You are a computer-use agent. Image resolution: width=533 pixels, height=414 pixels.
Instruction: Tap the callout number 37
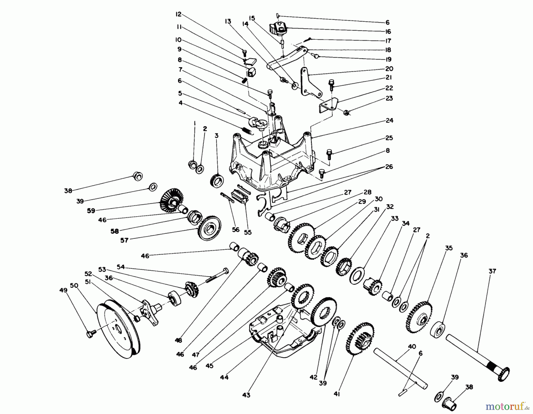[492, 271]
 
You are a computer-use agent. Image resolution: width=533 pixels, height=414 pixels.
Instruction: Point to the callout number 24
[389, 120]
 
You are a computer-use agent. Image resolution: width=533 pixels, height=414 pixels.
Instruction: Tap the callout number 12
[178, 14]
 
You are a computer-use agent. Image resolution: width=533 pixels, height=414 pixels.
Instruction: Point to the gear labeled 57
[210, 228]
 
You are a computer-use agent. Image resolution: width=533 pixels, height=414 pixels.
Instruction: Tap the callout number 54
[121, 267]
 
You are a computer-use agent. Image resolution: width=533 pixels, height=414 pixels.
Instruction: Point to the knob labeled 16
[278, 29]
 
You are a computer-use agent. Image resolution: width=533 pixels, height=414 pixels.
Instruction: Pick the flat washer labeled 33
[357, 275]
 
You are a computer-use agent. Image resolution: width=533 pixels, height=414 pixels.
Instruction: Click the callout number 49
[63, 290]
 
